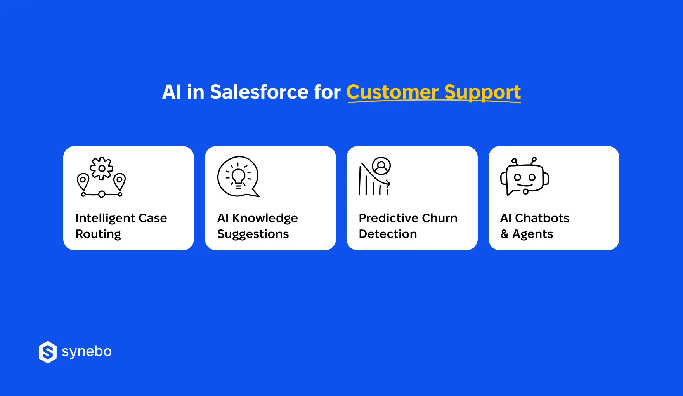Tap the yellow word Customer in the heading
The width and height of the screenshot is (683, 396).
(x=392, y=92)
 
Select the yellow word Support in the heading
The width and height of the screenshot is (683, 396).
(x=482, y=92)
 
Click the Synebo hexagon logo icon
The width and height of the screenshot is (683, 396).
(x=48, y=352)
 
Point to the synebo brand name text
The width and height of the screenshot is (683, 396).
(x=87, y=351)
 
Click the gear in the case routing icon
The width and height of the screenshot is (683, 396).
(x=102, y=168)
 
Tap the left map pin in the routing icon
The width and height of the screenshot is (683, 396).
(x=83, y=181)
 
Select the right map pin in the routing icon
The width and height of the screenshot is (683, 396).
(x=120, y=181)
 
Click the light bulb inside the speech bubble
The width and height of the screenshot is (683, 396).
(x=238, y=177)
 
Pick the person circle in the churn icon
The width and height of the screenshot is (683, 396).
(x=381, y=166)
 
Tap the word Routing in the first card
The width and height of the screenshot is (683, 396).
(x=98, y=234)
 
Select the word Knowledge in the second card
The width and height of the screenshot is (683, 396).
(x=265, y=218)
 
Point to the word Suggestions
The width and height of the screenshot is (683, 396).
(x=253, y=234)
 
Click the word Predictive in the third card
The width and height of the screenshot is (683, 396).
(x=388, y=218)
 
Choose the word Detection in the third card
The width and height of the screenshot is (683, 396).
(x=388, y=234)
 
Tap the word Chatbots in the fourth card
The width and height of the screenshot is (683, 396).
(x=542, y=218)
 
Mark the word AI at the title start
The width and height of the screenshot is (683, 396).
(x=172, y=92)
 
